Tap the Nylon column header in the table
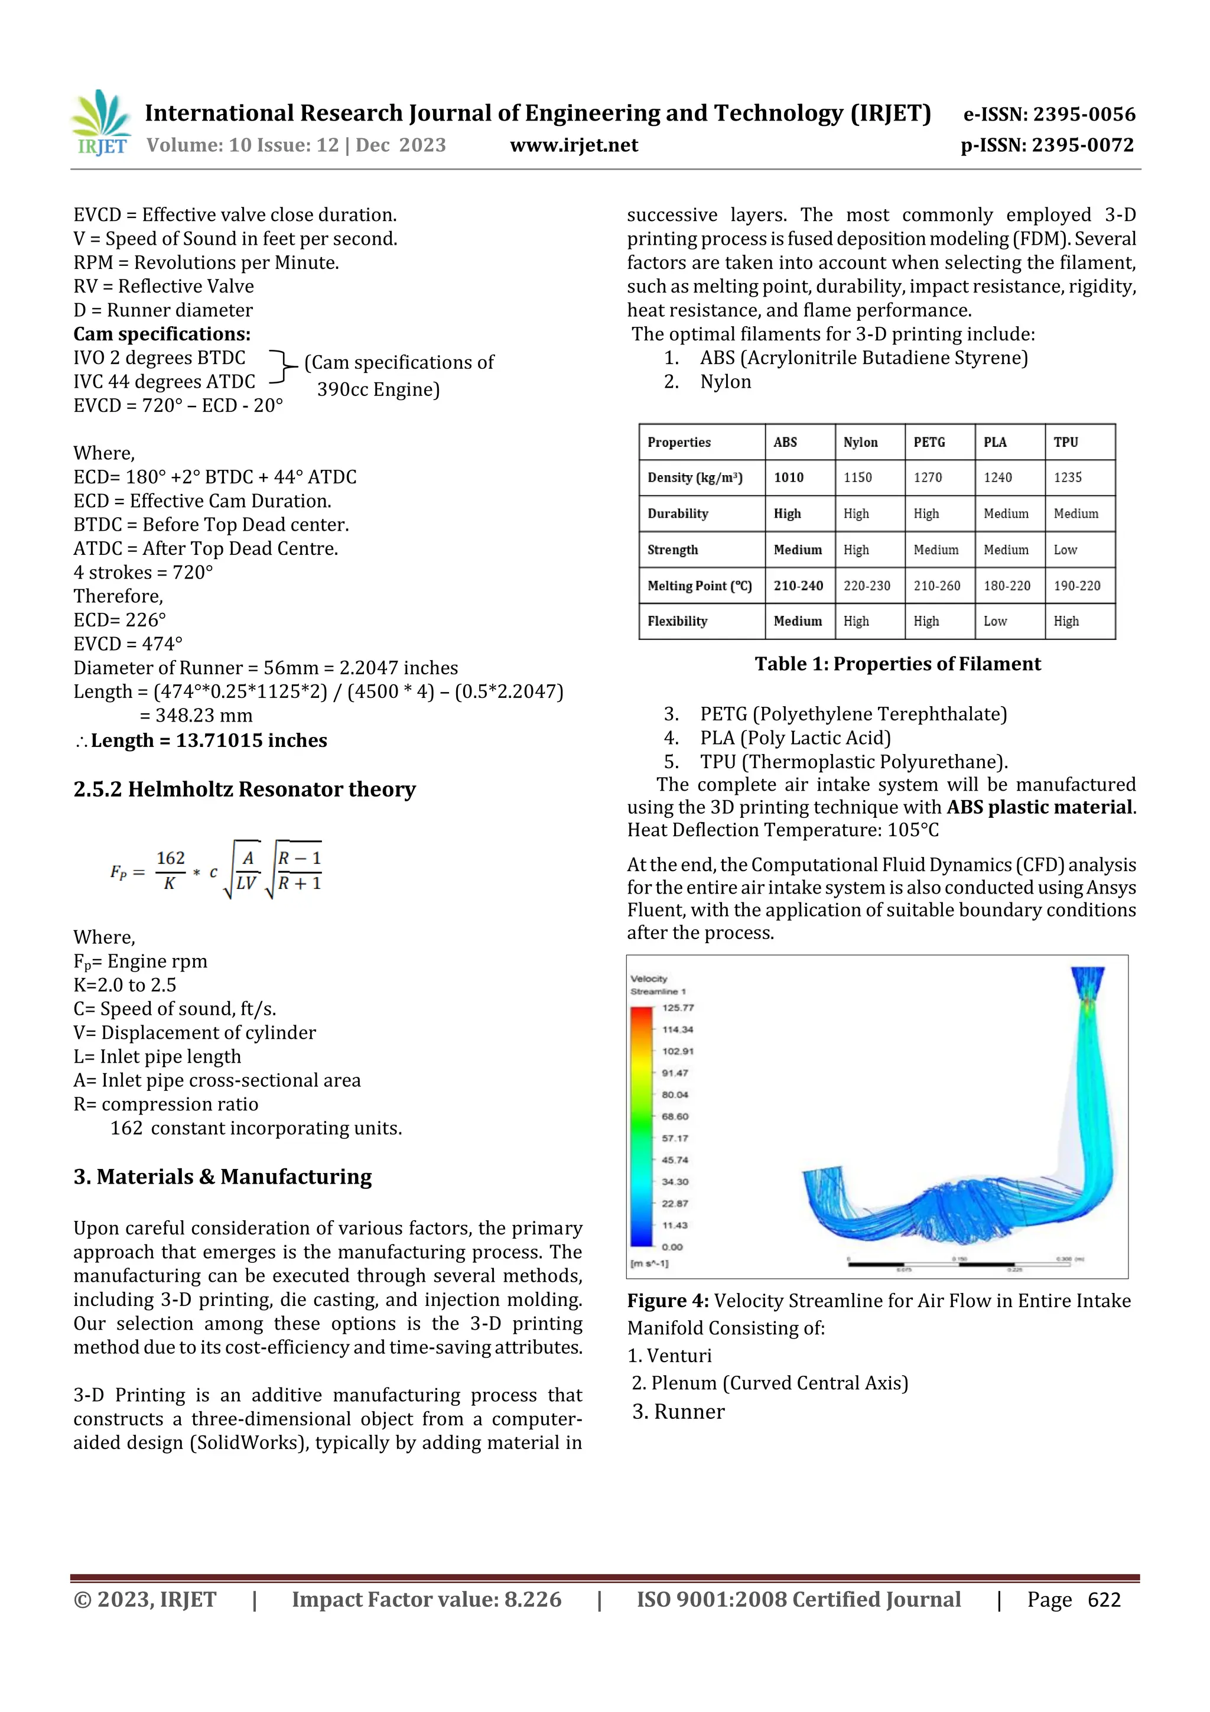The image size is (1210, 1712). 860,442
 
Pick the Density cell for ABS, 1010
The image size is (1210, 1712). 789,477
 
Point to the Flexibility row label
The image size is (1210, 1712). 677,621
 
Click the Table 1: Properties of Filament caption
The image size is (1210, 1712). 897,664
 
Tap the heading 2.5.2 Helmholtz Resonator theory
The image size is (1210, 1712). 244,789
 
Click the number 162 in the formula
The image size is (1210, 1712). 170,858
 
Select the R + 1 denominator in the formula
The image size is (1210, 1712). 299,884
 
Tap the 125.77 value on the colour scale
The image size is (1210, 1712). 677,1008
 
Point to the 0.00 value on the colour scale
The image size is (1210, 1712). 672,1247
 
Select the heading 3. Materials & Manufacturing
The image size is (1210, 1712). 222,1177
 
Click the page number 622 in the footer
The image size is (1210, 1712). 1104,1599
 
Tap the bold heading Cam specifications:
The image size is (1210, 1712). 162,334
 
